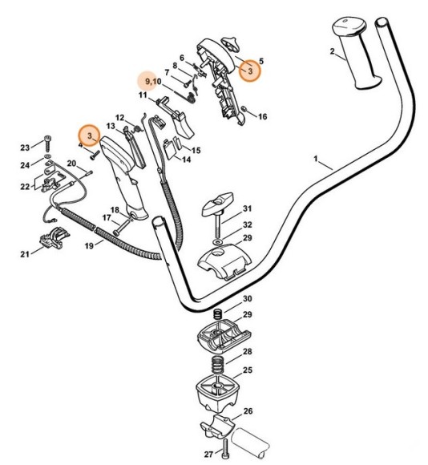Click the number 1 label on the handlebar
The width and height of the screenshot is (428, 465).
click(x=318, y=160)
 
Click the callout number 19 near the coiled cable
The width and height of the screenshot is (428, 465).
click(x=89, y=245)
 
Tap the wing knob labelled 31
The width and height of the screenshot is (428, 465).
click(x=219, y=204)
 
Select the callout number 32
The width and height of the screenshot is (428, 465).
click(x=248, y=224)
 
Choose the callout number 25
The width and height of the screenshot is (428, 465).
click(x=248, y=370)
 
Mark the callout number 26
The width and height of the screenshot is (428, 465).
click(x=248, y=411)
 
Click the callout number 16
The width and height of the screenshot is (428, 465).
click(x=262, y=117)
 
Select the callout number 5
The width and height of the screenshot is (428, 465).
click(x=261, y=61)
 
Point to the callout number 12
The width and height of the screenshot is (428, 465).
click(x=119, y=117)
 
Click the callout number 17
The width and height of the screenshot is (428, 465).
click(x=106, y=217)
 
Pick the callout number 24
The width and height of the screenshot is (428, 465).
click(x=25, y=166)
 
